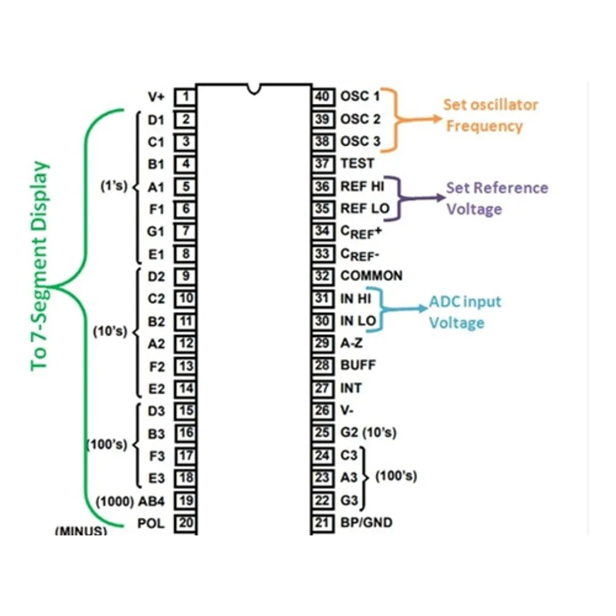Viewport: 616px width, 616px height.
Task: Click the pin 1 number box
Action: pos(185,97)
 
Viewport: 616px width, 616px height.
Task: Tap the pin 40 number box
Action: pos(323,97)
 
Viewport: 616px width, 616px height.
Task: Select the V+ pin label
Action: pos(157,97)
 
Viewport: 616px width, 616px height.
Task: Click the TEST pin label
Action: pos(357,164)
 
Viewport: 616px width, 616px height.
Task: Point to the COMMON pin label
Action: pos(372,276)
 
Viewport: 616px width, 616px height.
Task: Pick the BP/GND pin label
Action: pos(367,523)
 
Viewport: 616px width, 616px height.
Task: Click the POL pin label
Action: pos(151,524)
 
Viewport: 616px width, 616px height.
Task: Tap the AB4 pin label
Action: pos(151,501)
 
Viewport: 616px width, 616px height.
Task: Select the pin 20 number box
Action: pos(186,523)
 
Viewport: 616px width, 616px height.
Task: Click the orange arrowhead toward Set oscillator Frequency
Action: pos(437,119)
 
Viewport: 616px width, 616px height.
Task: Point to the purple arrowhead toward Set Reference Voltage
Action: pos(440,198)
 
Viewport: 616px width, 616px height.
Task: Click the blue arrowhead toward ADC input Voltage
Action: pos(423,308)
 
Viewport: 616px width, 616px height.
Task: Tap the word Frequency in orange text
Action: pos(484,127)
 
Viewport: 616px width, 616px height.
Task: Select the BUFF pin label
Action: pos(358,365)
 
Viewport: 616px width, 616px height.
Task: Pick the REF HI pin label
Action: pos(362,186)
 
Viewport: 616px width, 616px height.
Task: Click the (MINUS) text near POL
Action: pos(81,531)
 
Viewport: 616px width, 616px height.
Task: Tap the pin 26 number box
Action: pos(323,411)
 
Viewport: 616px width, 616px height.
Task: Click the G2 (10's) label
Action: pos(369,433)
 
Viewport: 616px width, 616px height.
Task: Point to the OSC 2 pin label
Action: pos(360,119)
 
